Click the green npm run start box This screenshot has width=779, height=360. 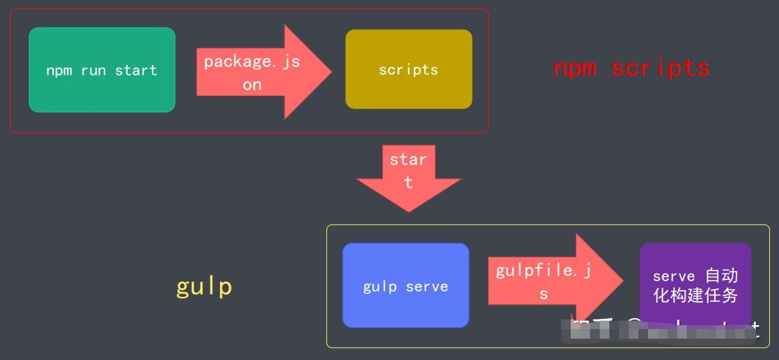point(102,70)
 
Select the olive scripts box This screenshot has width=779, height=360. point(408,69)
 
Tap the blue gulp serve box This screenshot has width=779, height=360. point(405,286)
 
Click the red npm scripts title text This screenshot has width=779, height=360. point(631,68)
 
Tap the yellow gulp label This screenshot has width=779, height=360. point(204,286)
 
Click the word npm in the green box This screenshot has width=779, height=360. point(59,70)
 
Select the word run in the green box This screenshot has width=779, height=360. point(94,70)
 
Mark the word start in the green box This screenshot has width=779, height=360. point(136,70)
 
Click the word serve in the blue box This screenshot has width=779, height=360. point(426,286)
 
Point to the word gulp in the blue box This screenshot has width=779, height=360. point(380,287)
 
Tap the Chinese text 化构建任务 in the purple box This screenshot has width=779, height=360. point(695,295)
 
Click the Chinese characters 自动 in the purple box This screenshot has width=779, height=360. point(721,275)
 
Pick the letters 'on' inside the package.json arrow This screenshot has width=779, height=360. point(252,85)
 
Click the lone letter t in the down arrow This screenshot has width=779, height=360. point(408,183)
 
